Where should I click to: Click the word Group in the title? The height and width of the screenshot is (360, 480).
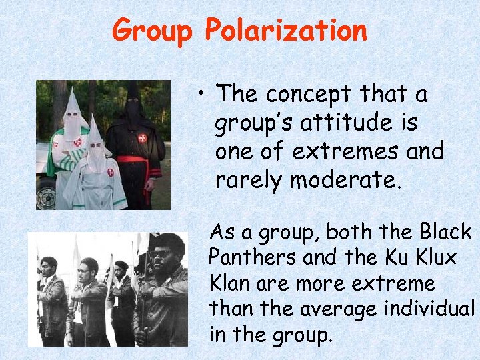pos(153,31)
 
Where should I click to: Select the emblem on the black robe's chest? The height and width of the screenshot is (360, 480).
pos(141,138)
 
